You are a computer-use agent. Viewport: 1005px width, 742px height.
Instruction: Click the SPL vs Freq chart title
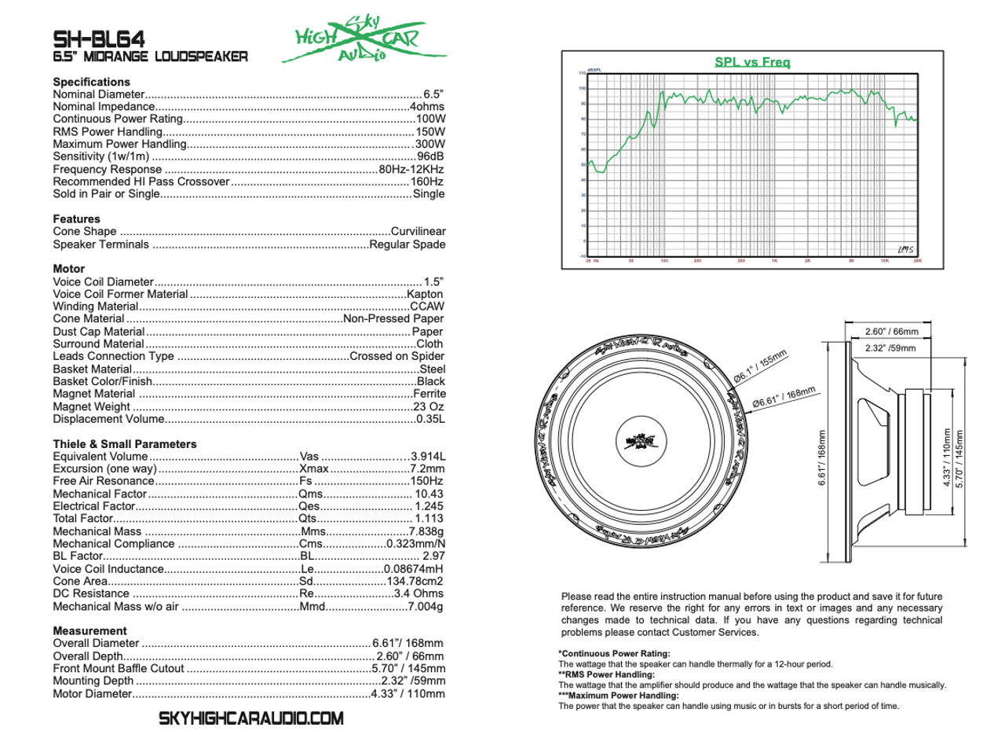pos(751,61)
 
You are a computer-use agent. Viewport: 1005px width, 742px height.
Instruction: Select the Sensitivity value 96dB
pos(431,156)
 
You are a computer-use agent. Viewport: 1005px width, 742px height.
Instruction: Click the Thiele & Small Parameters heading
pos(125,444)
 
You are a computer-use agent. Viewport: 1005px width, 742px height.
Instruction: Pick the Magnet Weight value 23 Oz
pos(429,406)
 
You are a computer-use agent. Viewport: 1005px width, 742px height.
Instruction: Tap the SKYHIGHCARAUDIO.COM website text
pos(251,718)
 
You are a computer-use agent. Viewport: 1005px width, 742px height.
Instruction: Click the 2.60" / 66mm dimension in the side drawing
pos(885,331)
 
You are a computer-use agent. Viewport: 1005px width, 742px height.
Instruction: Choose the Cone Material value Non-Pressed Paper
pos(393,319)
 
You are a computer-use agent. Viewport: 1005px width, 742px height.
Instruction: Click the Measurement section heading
pos(90,630)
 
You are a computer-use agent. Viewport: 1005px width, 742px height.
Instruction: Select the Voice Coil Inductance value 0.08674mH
pos(413,569)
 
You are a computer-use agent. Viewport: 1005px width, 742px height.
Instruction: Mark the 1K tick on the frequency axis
pos(773,260)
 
